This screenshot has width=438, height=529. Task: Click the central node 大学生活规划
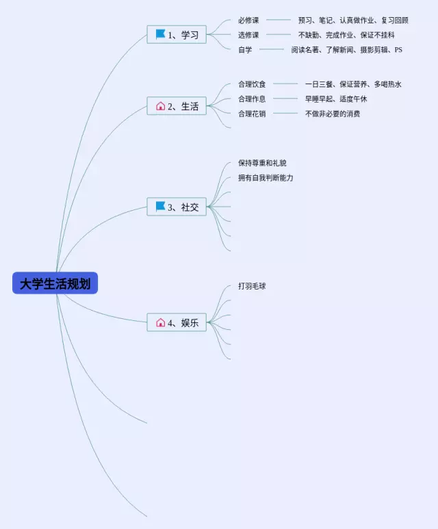(x=55, y=283)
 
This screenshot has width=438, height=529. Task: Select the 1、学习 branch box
(x=177, y=35)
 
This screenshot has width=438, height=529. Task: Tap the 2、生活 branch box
(x=177, y=106)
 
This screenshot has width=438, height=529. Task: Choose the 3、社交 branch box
(x=177, y=207)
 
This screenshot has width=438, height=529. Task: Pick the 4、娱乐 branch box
(x=177, y=323)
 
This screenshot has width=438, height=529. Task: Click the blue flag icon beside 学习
(x=161, y=34)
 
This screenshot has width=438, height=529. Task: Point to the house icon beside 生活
(x=161, y=106)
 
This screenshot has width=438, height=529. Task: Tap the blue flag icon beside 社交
(x=161, y=207)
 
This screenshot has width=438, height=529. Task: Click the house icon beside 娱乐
(x=161, y=323)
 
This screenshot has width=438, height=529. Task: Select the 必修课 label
(x=248, y=21)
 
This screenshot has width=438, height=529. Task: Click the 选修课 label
(x=248, y=35)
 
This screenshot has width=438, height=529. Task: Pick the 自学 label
(x=245, y=49)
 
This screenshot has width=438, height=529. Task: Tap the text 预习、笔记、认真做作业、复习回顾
(x=353, y=21)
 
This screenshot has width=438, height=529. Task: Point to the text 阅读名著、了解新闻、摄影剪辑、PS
(x=346, y=49)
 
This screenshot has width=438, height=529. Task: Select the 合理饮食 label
(x=252, y=84)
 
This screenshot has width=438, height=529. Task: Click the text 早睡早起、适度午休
(x=336, y=99)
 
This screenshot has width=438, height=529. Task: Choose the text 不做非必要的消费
(x=333, y=114)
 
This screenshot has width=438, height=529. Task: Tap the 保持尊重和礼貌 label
(x=262, y=163)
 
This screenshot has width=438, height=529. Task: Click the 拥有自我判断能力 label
(x=266, y=178)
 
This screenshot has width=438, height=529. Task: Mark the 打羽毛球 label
(x=252, y=286)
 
